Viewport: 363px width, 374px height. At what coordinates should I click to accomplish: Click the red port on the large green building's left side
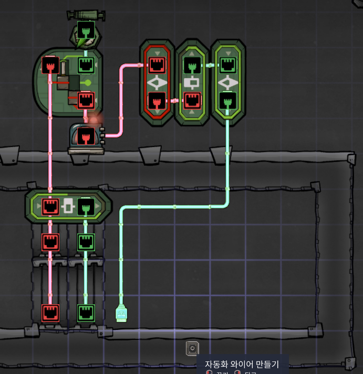[50, 66]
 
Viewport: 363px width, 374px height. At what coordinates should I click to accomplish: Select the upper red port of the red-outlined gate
[157, 65]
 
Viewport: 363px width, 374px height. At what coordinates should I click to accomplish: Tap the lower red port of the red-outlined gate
[157, 100]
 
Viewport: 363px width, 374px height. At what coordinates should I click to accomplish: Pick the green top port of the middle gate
[192, 65]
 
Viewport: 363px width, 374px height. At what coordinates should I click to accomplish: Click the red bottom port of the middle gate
[192, 100]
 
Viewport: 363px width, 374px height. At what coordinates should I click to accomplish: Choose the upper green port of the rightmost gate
[227, 65]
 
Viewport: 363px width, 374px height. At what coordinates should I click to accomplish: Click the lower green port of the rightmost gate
[227, 100]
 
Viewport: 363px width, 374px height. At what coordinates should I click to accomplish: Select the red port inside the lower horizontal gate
[50, 206]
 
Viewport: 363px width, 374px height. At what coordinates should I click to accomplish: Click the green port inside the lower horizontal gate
[86, 206]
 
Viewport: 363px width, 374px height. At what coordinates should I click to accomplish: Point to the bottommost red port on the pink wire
[50, 313]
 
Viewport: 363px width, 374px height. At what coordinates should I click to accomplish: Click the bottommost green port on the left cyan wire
[86, 313]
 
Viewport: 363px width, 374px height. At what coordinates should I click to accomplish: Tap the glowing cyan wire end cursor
[121, 314]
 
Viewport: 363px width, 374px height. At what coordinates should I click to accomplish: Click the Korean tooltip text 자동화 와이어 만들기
[241, 364]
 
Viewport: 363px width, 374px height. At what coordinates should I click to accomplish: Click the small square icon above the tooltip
[192, 348]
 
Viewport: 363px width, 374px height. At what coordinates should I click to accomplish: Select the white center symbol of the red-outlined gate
[157, 82]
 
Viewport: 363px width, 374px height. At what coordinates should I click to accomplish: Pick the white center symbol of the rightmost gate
[227, 82]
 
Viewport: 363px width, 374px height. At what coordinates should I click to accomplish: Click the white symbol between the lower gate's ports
[68, 206]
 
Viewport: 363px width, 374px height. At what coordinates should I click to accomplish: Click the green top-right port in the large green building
[86, 66]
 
